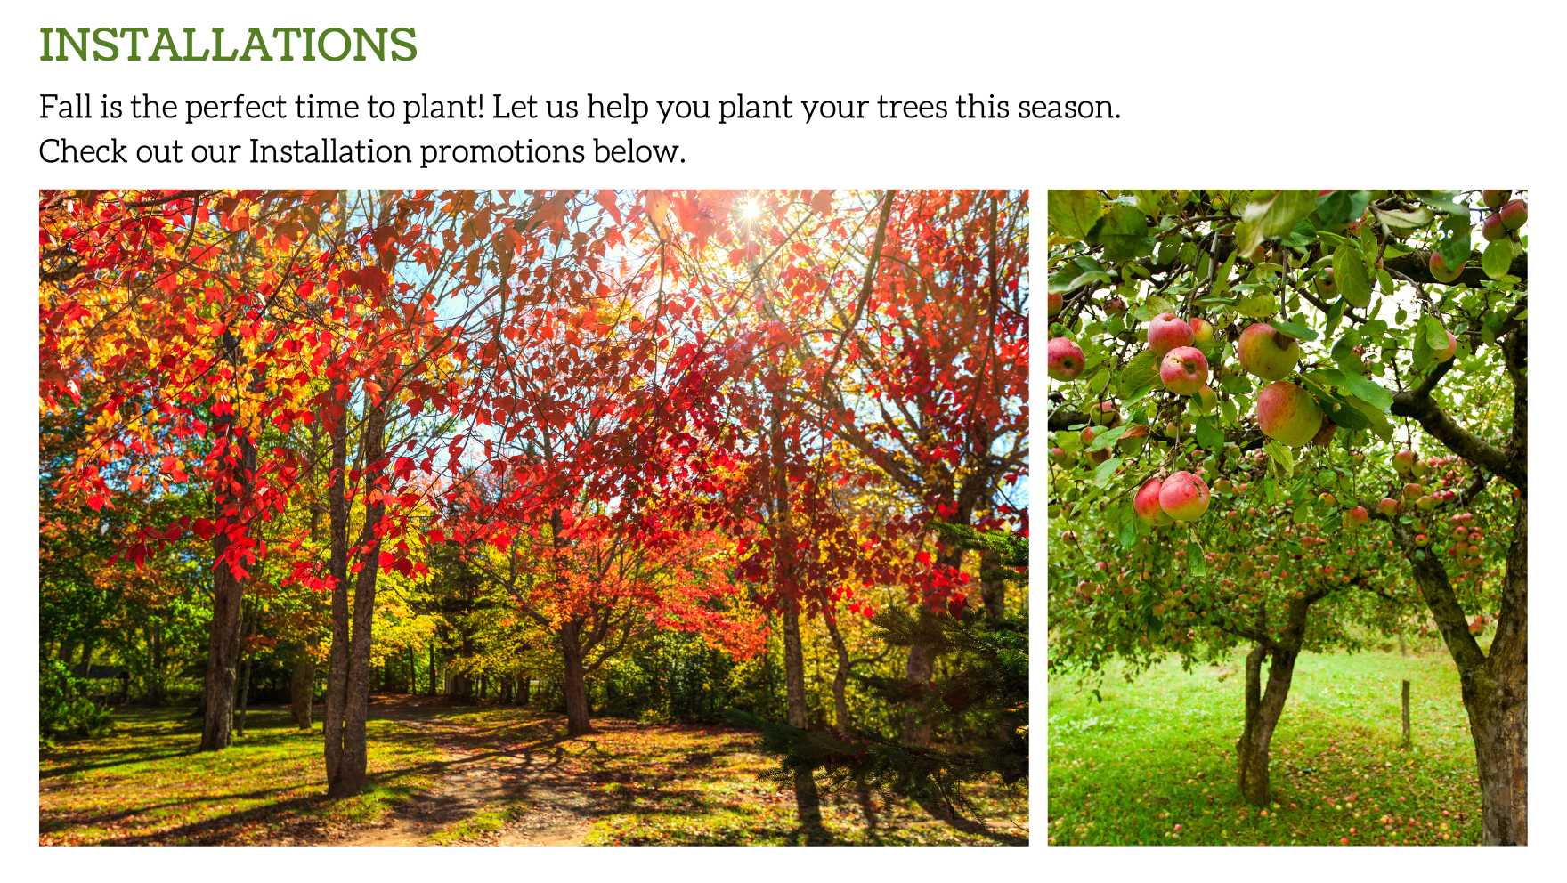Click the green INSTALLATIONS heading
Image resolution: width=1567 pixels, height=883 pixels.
click(228, 45)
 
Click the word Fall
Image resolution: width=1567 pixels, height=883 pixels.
click(66, 107)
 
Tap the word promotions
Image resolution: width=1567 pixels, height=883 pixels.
click(502, 152)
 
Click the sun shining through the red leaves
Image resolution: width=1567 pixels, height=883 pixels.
click(750, 210)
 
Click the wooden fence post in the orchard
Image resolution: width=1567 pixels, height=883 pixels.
click(1406, 711)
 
